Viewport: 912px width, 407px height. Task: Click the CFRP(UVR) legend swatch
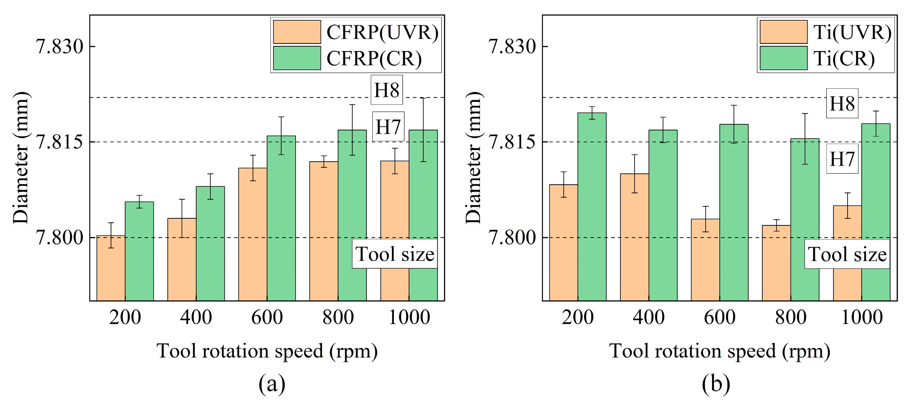297,32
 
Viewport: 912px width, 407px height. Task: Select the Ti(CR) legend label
843,58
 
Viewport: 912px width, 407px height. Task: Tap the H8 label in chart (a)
387,90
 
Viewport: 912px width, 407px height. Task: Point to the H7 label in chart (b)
842,158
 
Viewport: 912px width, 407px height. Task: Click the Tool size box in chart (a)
394,254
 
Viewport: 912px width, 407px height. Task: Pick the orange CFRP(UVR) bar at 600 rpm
252,234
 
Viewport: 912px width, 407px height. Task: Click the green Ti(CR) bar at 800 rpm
804,220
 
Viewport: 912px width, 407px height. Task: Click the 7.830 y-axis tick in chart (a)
60,47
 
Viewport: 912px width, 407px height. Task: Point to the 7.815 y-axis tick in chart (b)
512,142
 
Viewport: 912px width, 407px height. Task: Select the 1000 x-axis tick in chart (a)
409,317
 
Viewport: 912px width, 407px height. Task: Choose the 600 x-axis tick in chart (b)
719,317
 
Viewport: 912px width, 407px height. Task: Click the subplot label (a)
272,384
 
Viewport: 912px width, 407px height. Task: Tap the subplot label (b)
716,384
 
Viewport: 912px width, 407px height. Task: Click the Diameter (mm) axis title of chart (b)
473,158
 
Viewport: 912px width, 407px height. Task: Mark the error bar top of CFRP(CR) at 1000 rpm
423,98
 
